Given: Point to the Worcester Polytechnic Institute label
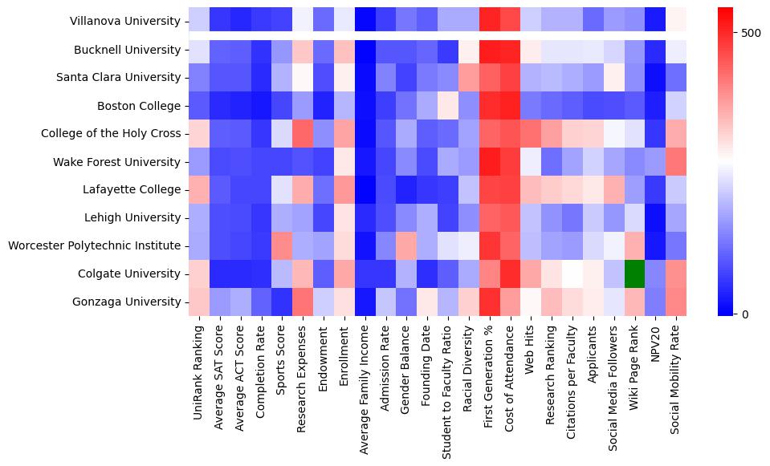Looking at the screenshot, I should tap(94, 245).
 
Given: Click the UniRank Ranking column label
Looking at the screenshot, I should tap(198, 369).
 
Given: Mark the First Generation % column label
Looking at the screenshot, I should tap(489, 376).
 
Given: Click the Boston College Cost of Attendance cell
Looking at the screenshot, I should tap(510, 105).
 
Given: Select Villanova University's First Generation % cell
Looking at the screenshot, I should tap(489, 21).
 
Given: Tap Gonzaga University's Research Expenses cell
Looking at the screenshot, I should tap(303, 302).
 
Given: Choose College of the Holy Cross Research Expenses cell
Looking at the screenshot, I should tap(303, 133).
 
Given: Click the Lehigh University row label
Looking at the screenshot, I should tap(132, 217).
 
